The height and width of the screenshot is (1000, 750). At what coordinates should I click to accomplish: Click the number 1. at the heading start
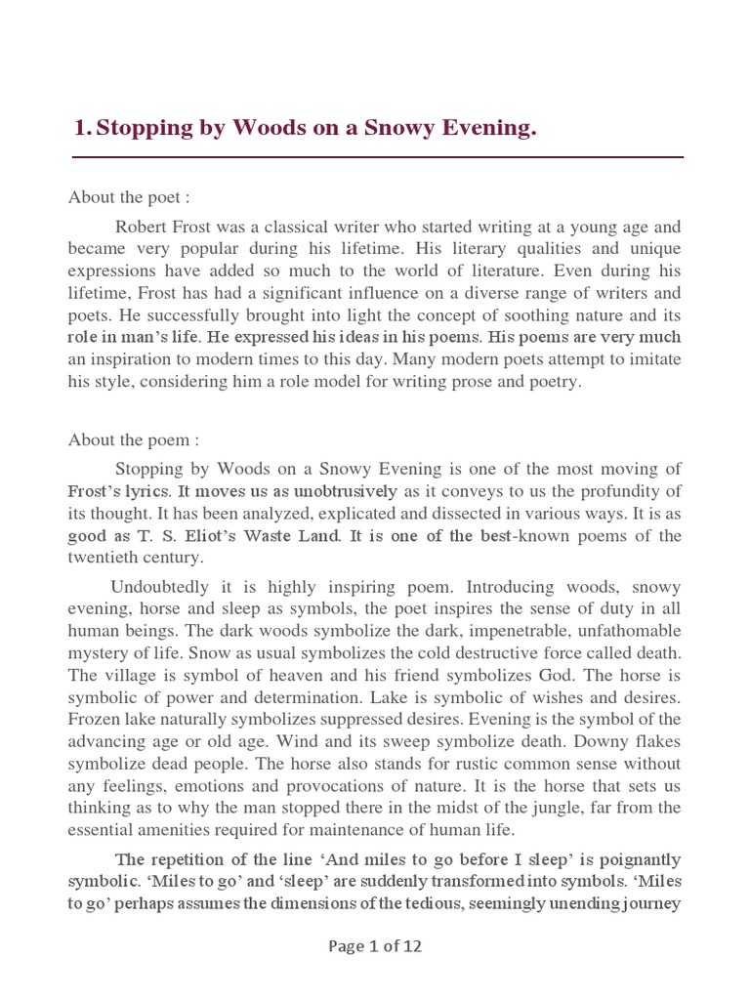click(x=84, y=129)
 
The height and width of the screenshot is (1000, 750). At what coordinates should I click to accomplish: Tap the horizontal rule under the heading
click(x=378, y=156)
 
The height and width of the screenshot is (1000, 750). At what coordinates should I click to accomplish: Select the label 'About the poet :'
click(x=128, y=198)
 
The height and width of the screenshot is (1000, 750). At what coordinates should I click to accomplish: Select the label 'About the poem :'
click(x=133, y=440)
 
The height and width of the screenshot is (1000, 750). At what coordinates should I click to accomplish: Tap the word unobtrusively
click(x=339, y=491)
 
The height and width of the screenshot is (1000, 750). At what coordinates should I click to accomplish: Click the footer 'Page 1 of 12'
click(x=375, y=945)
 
